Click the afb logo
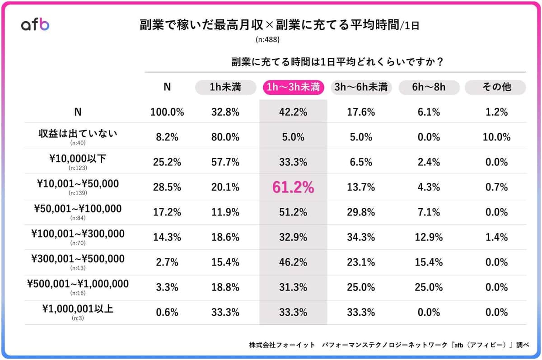click(x=35, y=25)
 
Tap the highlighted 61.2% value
click(x=293, y=187)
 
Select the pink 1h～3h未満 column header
click(x=293, y=87)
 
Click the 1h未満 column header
click(x=225, y=87)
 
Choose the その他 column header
click(x=495, y=87)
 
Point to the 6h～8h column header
click(x=429, y=87)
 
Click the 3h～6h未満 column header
click(x=360, y=87)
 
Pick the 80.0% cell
click(x=225, y=137)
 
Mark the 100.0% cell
click(x=167, y=112)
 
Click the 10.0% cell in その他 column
click(x=495, y=137)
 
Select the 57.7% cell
click(x=225, y=162)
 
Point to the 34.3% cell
click(x=360, y=237)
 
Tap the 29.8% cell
click(x=360, y=212)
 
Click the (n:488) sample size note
click(x=268, y=40)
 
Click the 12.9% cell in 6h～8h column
click(x=429, y=237)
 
